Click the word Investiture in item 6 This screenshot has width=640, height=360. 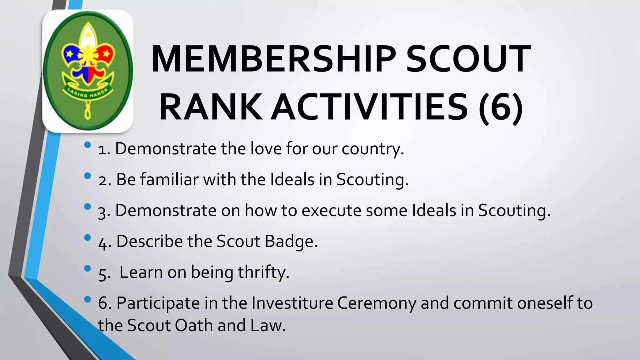(x=292, y=303)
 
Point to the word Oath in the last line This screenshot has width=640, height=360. (x=194, y=326)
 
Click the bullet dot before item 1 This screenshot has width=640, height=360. (x=87, y=145)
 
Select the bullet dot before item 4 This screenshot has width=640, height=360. (x=87, y=238)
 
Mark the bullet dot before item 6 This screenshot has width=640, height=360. (x=87, y=299)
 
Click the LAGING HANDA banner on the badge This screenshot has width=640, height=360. (x=88, y=94)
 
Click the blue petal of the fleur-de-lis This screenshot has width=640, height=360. (x=70, y=54)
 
